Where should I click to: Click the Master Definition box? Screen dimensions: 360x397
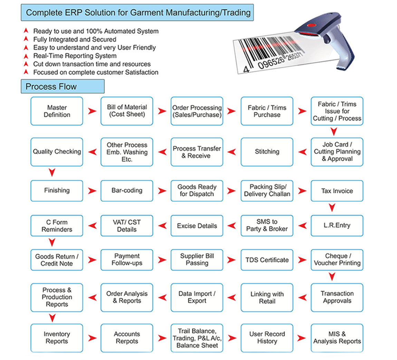[57, 111]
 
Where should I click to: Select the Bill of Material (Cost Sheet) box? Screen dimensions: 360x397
[127, 111]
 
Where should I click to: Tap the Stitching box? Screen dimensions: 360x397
[267, 152]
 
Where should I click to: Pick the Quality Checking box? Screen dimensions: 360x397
[57, 152]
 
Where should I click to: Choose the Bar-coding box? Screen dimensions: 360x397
[127, 190]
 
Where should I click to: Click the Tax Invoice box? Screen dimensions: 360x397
[337, 191]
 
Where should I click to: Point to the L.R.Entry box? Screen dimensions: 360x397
[337, 226]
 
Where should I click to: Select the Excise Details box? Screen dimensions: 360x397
[197, 226]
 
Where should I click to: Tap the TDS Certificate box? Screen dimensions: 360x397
[267, 260]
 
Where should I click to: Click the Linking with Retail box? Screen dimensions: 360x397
[267, 297]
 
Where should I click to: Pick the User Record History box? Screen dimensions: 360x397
[267, 338]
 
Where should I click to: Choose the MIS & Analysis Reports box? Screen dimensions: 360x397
[337, 338]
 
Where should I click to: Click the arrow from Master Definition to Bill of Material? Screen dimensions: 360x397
[92, 111]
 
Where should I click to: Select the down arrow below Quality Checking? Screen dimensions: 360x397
[52, 172]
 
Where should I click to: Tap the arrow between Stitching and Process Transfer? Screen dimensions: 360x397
[232, 152]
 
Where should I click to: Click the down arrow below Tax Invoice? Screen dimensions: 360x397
[332, 207]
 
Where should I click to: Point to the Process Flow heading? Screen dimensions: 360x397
[51, 86]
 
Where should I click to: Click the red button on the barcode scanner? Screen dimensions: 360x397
[312, 25]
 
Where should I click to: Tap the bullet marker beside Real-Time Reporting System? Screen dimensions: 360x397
[26, 56]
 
